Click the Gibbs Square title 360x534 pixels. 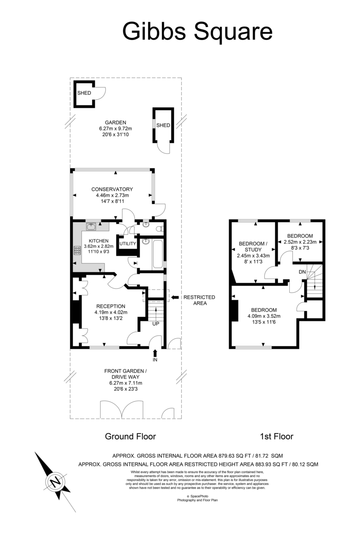tap(198, 32)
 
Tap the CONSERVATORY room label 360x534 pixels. tap(112, 189)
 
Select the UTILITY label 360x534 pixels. tap(128, 244)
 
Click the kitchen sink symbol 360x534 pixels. tap(91, 227)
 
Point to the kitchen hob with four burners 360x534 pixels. tap(77, 250)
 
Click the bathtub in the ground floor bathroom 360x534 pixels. tap(158, 254)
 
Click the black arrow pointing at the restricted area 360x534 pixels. tap(175, 297)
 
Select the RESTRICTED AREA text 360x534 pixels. tap(199, 300)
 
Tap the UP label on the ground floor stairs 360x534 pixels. tap(156, 324)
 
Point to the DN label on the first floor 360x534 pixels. tap(302, 272)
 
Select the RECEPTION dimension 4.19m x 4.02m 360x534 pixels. tap(111, 312)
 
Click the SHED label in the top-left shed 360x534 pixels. tap(84, 93)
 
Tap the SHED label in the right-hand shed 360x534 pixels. tap(163, 125)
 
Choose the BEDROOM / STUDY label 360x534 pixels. tap(253, 247)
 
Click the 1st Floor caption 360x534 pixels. tap(276, 437)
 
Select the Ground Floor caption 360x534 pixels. tap(130, 437)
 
